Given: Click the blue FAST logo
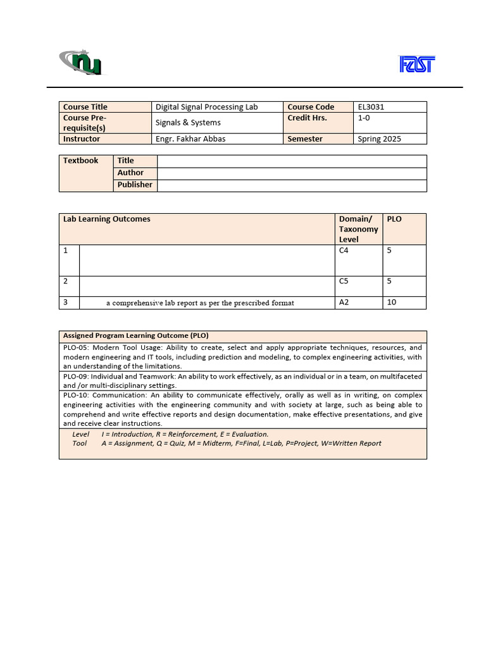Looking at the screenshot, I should (x=416, y=64).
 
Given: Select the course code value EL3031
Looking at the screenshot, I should (x=371, y=107).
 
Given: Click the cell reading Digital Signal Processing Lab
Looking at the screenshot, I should (x=206, y=107).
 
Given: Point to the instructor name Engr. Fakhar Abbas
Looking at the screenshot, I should (x=190, y=139).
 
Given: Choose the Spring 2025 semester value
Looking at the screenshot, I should (x=380, y=139).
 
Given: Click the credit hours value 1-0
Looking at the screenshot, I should (x=364, y=118).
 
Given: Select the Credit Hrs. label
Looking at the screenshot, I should (x=307, y=118).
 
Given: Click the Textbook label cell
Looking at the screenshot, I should (x=80, y=161).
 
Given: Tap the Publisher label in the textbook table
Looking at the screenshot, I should (x=135, y=185).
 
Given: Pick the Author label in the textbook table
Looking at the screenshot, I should (x=130, y=173).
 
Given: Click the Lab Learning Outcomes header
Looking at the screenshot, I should (x=107, y=219).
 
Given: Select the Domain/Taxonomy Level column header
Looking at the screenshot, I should (x=358, y=229).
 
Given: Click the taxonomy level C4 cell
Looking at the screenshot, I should (x=344, y=251).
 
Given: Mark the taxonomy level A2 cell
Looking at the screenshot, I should (x=344, y=302).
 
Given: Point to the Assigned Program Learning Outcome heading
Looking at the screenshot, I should (x=135, y=335).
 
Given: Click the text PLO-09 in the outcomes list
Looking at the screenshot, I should (x=77, y=377).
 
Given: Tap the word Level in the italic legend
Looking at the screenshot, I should (x=80, y=434).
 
